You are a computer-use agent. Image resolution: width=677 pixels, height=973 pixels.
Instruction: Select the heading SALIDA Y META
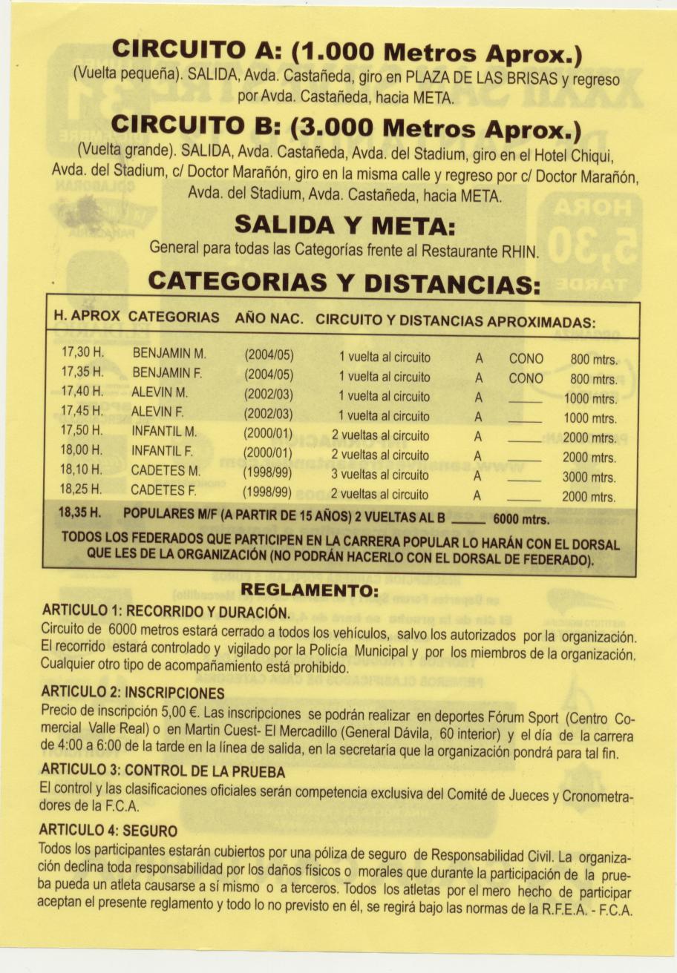(344, 222)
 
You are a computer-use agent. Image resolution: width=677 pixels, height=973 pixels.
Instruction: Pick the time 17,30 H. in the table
(82, 354)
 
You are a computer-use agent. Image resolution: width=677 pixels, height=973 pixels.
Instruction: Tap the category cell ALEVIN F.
(157, 412)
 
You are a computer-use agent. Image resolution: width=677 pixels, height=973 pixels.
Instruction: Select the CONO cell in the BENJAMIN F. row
(526, 378)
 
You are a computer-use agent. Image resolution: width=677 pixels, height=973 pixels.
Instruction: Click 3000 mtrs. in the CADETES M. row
(589, 478)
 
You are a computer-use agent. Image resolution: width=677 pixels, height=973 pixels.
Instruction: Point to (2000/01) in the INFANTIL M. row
(268, 434)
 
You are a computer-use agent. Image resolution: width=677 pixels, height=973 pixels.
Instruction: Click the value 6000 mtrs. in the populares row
(522, 520)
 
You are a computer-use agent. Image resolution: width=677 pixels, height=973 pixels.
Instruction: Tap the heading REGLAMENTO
(310, 591)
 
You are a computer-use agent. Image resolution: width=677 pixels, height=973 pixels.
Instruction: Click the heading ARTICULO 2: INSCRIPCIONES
(133, 693)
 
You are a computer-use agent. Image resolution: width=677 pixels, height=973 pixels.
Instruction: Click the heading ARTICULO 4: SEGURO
(108, 829)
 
